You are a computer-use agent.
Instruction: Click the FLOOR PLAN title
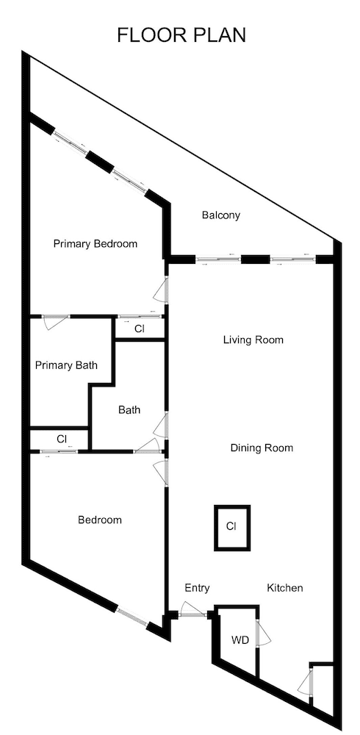pos(181,35)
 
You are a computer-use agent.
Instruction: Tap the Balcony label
pos(221,215)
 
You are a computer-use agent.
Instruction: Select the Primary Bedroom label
pos(96,244)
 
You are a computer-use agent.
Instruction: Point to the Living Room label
pos(253,340)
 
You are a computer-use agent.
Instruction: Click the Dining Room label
pos(262,448)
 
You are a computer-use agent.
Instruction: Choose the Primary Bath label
pos(66,365)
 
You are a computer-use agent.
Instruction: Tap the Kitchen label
pos(285,588)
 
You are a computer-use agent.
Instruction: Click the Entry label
pos(197,588)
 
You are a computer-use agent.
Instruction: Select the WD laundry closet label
pos(240,640)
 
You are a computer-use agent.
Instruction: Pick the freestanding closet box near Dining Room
pos(231,526)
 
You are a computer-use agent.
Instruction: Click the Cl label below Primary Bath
pos(62,439)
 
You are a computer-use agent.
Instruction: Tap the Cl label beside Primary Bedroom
pos(139,329)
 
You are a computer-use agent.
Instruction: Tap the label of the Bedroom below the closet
pos(100,520)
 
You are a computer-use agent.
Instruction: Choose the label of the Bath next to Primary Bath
pos(129,410)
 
